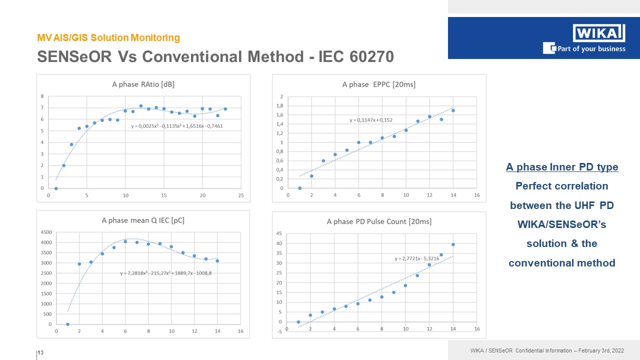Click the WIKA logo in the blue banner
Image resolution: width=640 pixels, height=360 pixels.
(x=598, y=33)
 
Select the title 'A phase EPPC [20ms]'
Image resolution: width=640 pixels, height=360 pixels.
(x=378, y=84)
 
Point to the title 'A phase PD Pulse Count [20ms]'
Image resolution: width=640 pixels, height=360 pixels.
(x=379, y=221)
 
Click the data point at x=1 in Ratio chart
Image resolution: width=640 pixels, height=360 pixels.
(x=56, y=188)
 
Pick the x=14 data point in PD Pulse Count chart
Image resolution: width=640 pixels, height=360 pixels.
(x=453, y=244)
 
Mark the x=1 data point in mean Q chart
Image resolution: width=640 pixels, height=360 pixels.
(x=67, y=324)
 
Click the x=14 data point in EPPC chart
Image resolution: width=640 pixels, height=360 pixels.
(x=453, y=110)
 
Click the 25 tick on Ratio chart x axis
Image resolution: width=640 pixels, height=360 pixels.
(x=241, y=195)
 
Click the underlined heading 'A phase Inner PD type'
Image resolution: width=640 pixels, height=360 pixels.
(x=562, y=167)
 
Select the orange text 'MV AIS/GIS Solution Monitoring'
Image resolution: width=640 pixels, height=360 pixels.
(x=108, y=37)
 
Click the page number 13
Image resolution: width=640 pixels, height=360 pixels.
(x=41, y=353)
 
